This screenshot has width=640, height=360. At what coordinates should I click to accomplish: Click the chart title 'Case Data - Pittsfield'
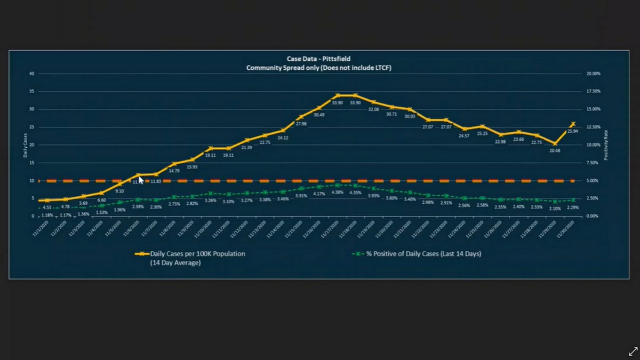click(319, 59)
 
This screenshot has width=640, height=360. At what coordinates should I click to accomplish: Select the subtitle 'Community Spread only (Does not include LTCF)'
click(319, 68)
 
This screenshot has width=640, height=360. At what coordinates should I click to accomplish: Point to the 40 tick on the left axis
click(32, 74)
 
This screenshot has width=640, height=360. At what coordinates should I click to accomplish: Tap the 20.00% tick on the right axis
click(593, 74)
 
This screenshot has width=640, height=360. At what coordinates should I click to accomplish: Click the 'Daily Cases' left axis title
click(25, 145)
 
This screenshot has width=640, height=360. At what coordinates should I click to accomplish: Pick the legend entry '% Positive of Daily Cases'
click(423, 254)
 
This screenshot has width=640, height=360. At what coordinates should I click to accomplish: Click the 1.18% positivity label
click(47, 215)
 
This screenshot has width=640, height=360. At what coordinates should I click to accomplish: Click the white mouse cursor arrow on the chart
click(141, 180)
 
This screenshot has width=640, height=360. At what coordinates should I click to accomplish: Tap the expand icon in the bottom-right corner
click(633, 351)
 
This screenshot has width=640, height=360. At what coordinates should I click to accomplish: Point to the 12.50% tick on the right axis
click(593, 127)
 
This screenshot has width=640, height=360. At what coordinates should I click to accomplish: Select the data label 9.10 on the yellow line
click(119, 191)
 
